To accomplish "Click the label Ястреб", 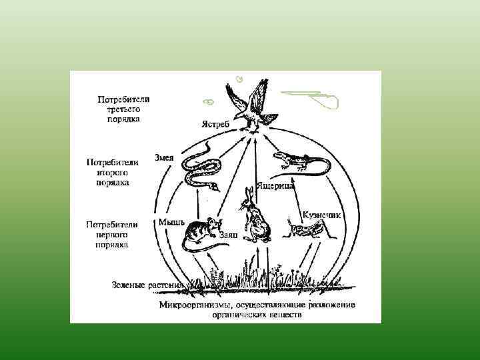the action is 217,124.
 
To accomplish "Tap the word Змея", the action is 164,157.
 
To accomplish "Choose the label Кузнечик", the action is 322,215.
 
